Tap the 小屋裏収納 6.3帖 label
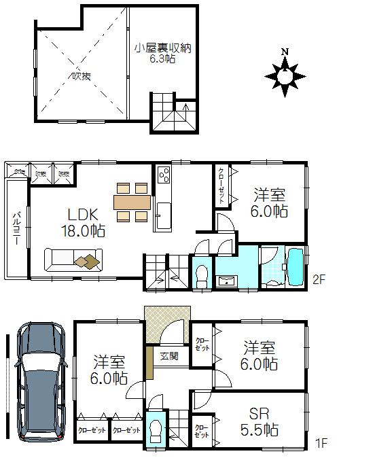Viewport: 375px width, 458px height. [162, 53]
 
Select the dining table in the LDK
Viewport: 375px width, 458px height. [132, 202]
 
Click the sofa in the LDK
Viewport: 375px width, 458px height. [72, 260]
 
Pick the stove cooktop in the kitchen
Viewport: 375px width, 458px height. [164, 175]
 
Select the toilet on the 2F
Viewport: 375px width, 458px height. [201, 275]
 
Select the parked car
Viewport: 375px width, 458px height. [40, 381]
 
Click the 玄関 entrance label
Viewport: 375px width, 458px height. [168, 356]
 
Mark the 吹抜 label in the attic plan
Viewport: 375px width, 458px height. [80, 75]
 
